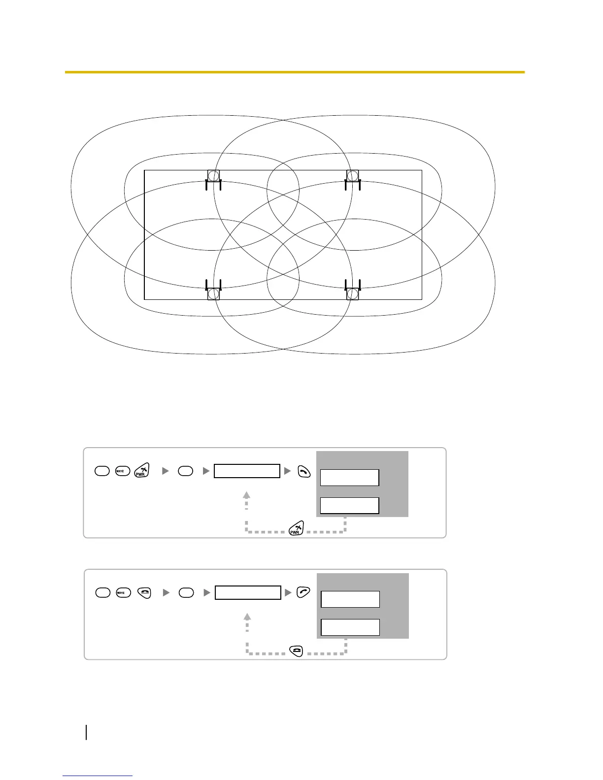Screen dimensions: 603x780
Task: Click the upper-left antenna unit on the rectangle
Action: [x=213, y=178]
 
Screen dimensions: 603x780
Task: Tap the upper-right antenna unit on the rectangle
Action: [x=353, y=178]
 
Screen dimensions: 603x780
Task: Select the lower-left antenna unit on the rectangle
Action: [x=213, y=292]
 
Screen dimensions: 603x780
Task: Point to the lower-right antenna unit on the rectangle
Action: [x=353, y=292]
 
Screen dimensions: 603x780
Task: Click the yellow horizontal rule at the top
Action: [x=295, y=72]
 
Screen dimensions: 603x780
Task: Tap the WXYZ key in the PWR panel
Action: [x=122, y=471]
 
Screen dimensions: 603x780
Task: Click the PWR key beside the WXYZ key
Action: [x=141, y=470]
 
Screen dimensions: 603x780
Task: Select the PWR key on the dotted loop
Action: [x=296, y=530]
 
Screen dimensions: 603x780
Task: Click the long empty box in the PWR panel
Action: [x=247, y=471]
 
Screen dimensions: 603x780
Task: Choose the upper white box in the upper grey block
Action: [x=349, y=478]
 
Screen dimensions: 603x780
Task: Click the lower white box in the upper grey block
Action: [x=349, y=506]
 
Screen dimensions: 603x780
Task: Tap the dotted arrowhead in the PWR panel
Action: [x=247, y=494]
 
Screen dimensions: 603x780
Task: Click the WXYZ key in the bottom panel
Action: [x=123, y=593]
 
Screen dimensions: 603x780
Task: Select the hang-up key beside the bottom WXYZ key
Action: [x=144, y=593]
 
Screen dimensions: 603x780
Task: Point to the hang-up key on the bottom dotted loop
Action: [x=297, y=651]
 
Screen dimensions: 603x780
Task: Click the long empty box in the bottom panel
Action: [x=248, y=592]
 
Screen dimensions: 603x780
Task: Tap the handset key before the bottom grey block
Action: [x=303, y=592]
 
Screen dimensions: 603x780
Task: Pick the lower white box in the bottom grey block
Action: [x=350, y=627]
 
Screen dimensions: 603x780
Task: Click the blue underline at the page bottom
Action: [x=98, y=776]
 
